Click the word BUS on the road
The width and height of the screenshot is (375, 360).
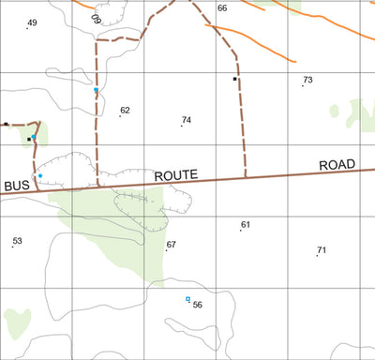click(18, 186)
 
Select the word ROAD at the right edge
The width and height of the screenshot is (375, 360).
click(337, 165)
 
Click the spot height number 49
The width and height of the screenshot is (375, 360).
click(33, 22)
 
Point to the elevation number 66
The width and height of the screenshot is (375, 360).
click(222, 7)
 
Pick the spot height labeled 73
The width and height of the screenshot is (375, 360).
click(307, 81)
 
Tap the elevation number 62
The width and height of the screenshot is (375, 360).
click(125, 111)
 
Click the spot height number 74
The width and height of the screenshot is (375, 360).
click(187, 120)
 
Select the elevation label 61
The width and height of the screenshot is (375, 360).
click(246, 225)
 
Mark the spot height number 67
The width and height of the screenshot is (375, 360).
click(171, 245)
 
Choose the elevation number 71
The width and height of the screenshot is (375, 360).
click(322, 250)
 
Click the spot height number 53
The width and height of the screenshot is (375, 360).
click(17, 241)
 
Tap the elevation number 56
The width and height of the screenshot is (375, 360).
click(197, 305)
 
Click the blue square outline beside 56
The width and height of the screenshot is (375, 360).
click(187, 299)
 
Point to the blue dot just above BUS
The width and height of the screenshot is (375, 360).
click(40, 175)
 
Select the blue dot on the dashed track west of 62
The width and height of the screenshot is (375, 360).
click(96, 90)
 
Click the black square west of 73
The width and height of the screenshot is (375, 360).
click(235, 80)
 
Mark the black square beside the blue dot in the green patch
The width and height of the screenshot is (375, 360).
click(29, 140)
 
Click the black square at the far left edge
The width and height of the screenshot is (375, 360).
click(6, 124)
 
